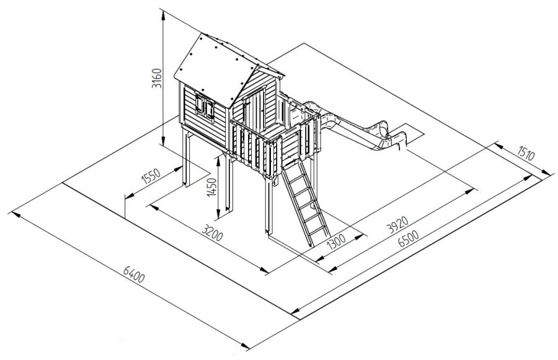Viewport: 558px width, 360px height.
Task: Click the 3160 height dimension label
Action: (x=157, y=79)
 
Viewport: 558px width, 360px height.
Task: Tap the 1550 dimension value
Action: (x=152, y=176)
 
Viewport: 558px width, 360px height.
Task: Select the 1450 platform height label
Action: (x=212, y=187)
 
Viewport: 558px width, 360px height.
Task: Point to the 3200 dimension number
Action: (x=212, y=232)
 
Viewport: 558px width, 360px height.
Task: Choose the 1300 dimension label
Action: (x=336, y=241)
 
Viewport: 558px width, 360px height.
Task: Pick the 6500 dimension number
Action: (x=409, y=239)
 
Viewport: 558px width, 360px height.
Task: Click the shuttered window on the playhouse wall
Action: (x=205, y=105)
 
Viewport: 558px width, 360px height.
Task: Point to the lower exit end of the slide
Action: (x=401, y=140)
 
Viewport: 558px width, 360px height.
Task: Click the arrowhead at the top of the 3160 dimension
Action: (x=162, y=15)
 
